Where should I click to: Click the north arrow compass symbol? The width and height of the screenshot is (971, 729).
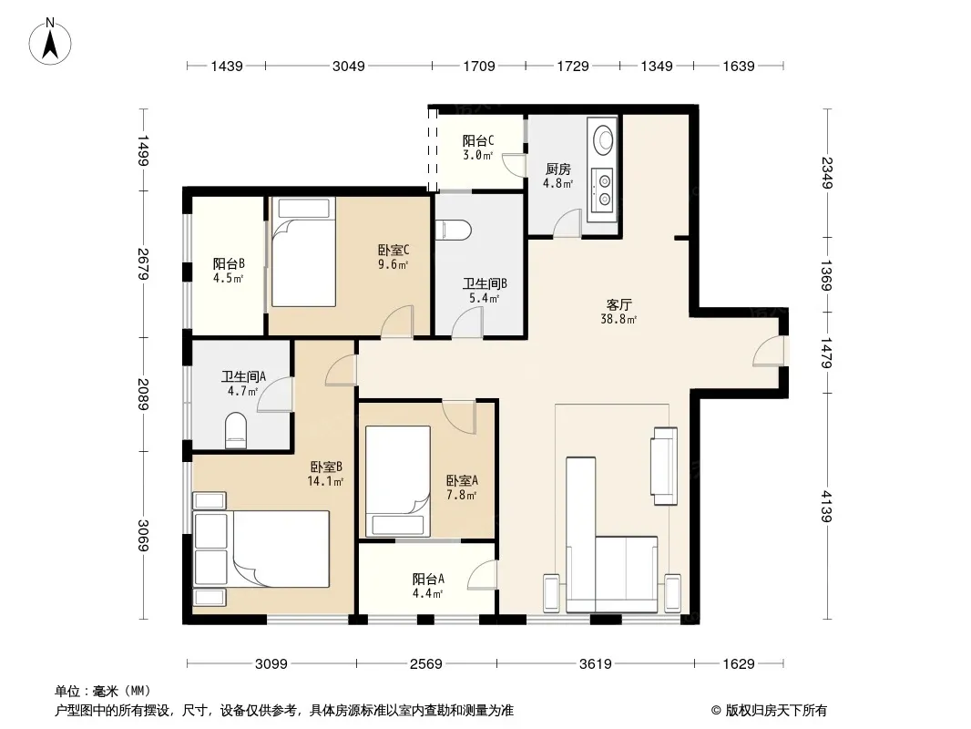[50, 42]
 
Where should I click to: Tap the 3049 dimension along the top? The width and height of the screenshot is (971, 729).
[349, 66]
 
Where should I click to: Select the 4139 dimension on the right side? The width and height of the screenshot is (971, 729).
[827, 506]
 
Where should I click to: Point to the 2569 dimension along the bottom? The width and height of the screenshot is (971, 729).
[426, 664]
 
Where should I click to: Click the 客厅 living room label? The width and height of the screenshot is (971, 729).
[618, 304]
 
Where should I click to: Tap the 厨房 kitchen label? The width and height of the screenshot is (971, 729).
[558, 169]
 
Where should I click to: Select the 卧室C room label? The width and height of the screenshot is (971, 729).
[394, 251]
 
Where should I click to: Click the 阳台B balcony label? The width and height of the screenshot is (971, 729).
[229, 264]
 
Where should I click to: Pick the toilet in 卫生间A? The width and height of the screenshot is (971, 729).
[235, 430]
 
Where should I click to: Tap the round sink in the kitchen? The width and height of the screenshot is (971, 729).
[603, 139]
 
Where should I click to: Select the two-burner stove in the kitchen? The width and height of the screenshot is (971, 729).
[602, 190]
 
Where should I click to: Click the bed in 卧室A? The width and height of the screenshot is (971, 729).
[397, 481]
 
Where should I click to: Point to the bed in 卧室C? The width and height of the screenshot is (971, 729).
[303, 252]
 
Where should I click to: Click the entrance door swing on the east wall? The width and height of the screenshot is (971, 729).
[769, 351]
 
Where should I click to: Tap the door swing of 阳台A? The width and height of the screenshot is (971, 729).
[483, 575]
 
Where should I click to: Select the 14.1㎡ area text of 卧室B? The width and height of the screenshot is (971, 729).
[325, 481]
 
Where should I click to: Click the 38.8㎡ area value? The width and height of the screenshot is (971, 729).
[618, 320]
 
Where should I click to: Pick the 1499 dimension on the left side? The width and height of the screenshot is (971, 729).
[143, 150]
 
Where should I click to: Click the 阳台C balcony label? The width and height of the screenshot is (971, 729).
[478, 140]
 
